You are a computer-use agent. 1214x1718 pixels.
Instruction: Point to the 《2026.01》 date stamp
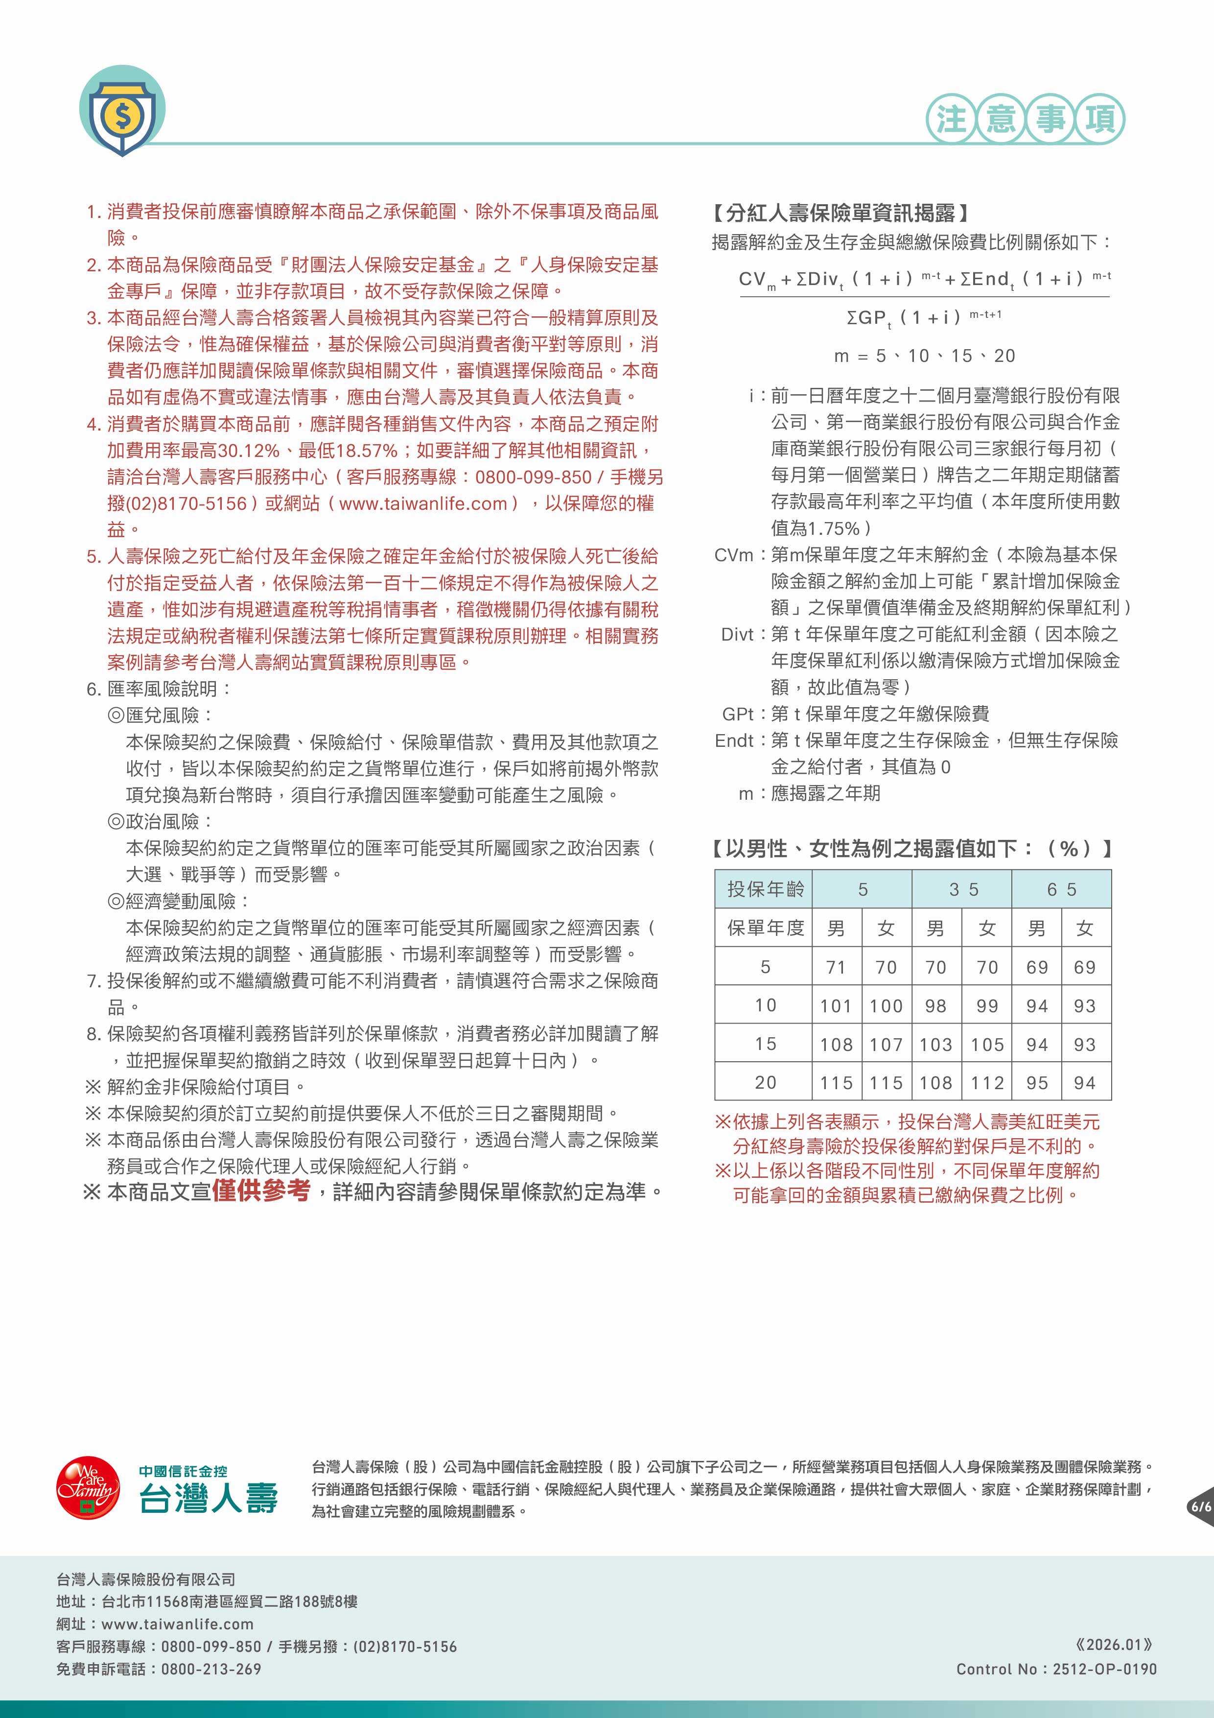(1113, 1645)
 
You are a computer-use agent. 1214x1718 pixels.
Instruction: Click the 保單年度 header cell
(765, 928)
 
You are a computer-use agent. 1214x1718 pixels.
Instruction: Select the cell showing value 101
(836, 1005)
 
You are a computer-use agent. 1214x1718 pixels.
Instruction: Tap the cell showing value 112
(986, 1083)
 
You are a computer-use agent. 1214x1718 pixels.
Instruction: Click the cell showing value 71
(836, 968)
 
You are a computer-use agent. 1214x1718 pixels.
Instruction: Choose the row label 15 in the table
(765, 1044)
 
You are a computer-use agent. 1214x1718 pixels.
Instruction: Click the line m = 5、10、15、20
(925, 356)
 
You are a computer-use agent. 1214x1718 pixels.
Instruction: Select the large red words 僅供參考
(260, 1191)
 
